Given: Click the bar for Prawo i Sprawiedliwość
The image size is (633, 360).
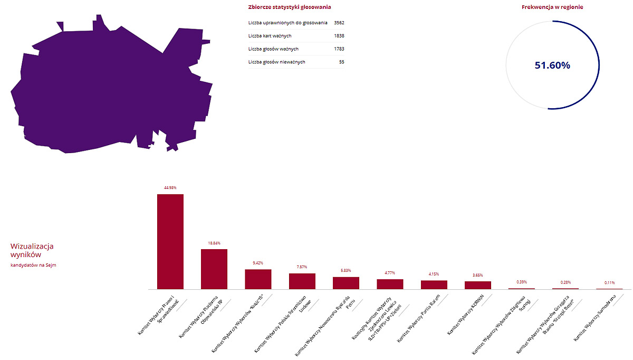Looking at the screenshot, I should pyautogui.click(x=170, y=241).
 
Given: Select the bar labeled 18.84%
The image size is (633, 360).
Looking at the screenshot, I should pyautogui.click(x=214, y=269).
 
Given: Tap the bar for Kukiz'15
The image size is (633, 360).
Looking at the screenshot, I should pyautogui.click(x=258, y=279).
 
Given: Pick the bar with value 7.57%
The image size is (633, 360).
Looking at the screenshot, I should pyautogui.click(x=302, y=281).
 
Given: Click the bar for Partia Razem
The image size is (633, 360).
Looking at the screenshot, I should pyautogui.click(x=434, y=285).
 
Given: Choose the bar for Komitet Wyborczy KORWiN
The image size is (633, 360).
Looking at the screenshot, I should pyautogui.click(x=478, y=285).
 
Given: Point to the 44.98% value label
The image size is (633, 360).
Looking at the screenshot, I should pyautogui.click(x=170, y=187).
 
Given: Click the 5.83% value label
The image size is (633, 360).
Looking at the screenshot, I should pyautogui.click(x=346, y=270).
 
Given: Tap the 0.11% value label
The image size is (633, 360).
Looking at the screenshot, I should pyautogui.click(x=609, y=282).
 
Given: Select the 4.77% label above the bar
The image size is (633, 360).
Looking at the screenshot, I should pyautogui.click(x=390, y=273).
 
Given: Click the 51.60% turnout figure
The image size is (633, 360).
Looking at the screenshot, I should pyautogui.click(x=552, y=65).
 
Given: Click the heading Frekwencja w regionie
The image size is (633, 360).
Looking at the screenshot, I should pyautogui.click(x=552, y=7).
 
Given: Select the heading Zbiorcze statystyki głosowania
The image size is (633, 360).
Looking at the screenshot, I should pyautogui.click(x=290, y=7).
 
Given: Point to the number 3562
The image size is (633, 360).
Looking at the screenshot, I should pyautogui.click(x=339, y=23).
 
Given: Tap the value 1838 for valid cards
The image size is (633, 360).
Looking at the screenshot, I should pyautogui.click(x=339, y=36).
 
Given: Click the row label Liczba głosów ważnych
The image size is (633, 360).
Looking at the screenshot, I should pyautogui.click(x=273, y=49).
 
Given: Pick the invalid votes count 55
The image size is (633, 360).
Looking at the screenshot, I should pyautogui.click(x=342, y=62).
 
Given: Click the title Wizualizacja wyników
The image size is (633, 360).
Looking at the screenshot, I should pyautogui.click(x=32, y=250).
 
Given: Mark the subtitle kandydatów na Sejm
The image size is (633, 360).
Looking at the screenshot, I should pyautogui.click(x=33, y=265).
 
